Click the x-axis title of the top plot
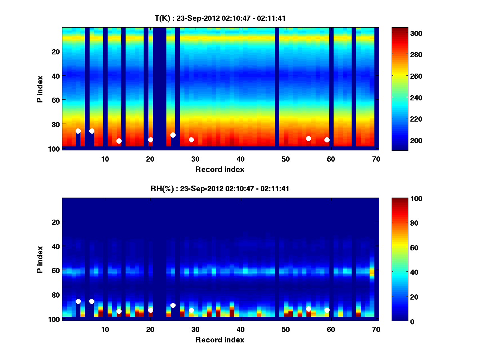220,169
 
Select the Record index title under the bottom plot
220,340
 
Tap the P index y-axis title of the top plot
40,89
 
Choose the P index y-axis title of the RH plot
40,259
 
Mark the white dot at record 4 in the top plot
78,131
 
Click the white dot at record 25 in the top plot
173,135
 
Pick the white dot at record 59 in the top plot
327,140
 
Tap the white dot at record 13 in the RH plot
119,311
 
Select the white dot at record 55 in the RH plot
308,309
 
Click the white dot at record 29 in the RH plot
191,310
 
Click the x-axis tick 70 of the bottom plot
376,329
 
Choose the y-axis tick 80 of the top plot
55,124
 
